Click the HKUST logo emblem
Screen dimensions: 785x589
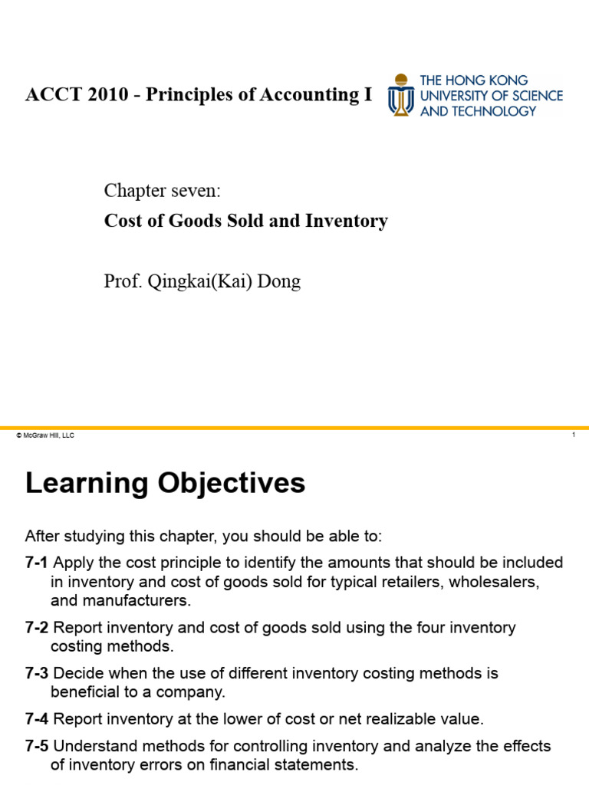pyautogui.click(x=399, y=95)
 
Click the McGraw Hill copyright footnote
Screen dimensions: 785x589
pyautogui.click(x=44, y=435)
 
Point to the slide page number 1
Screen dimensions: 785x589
pyautogui.click(x=573, y=435)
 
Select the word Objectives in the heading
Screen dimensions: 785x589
pyautogui.click(x=231, y=484)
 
